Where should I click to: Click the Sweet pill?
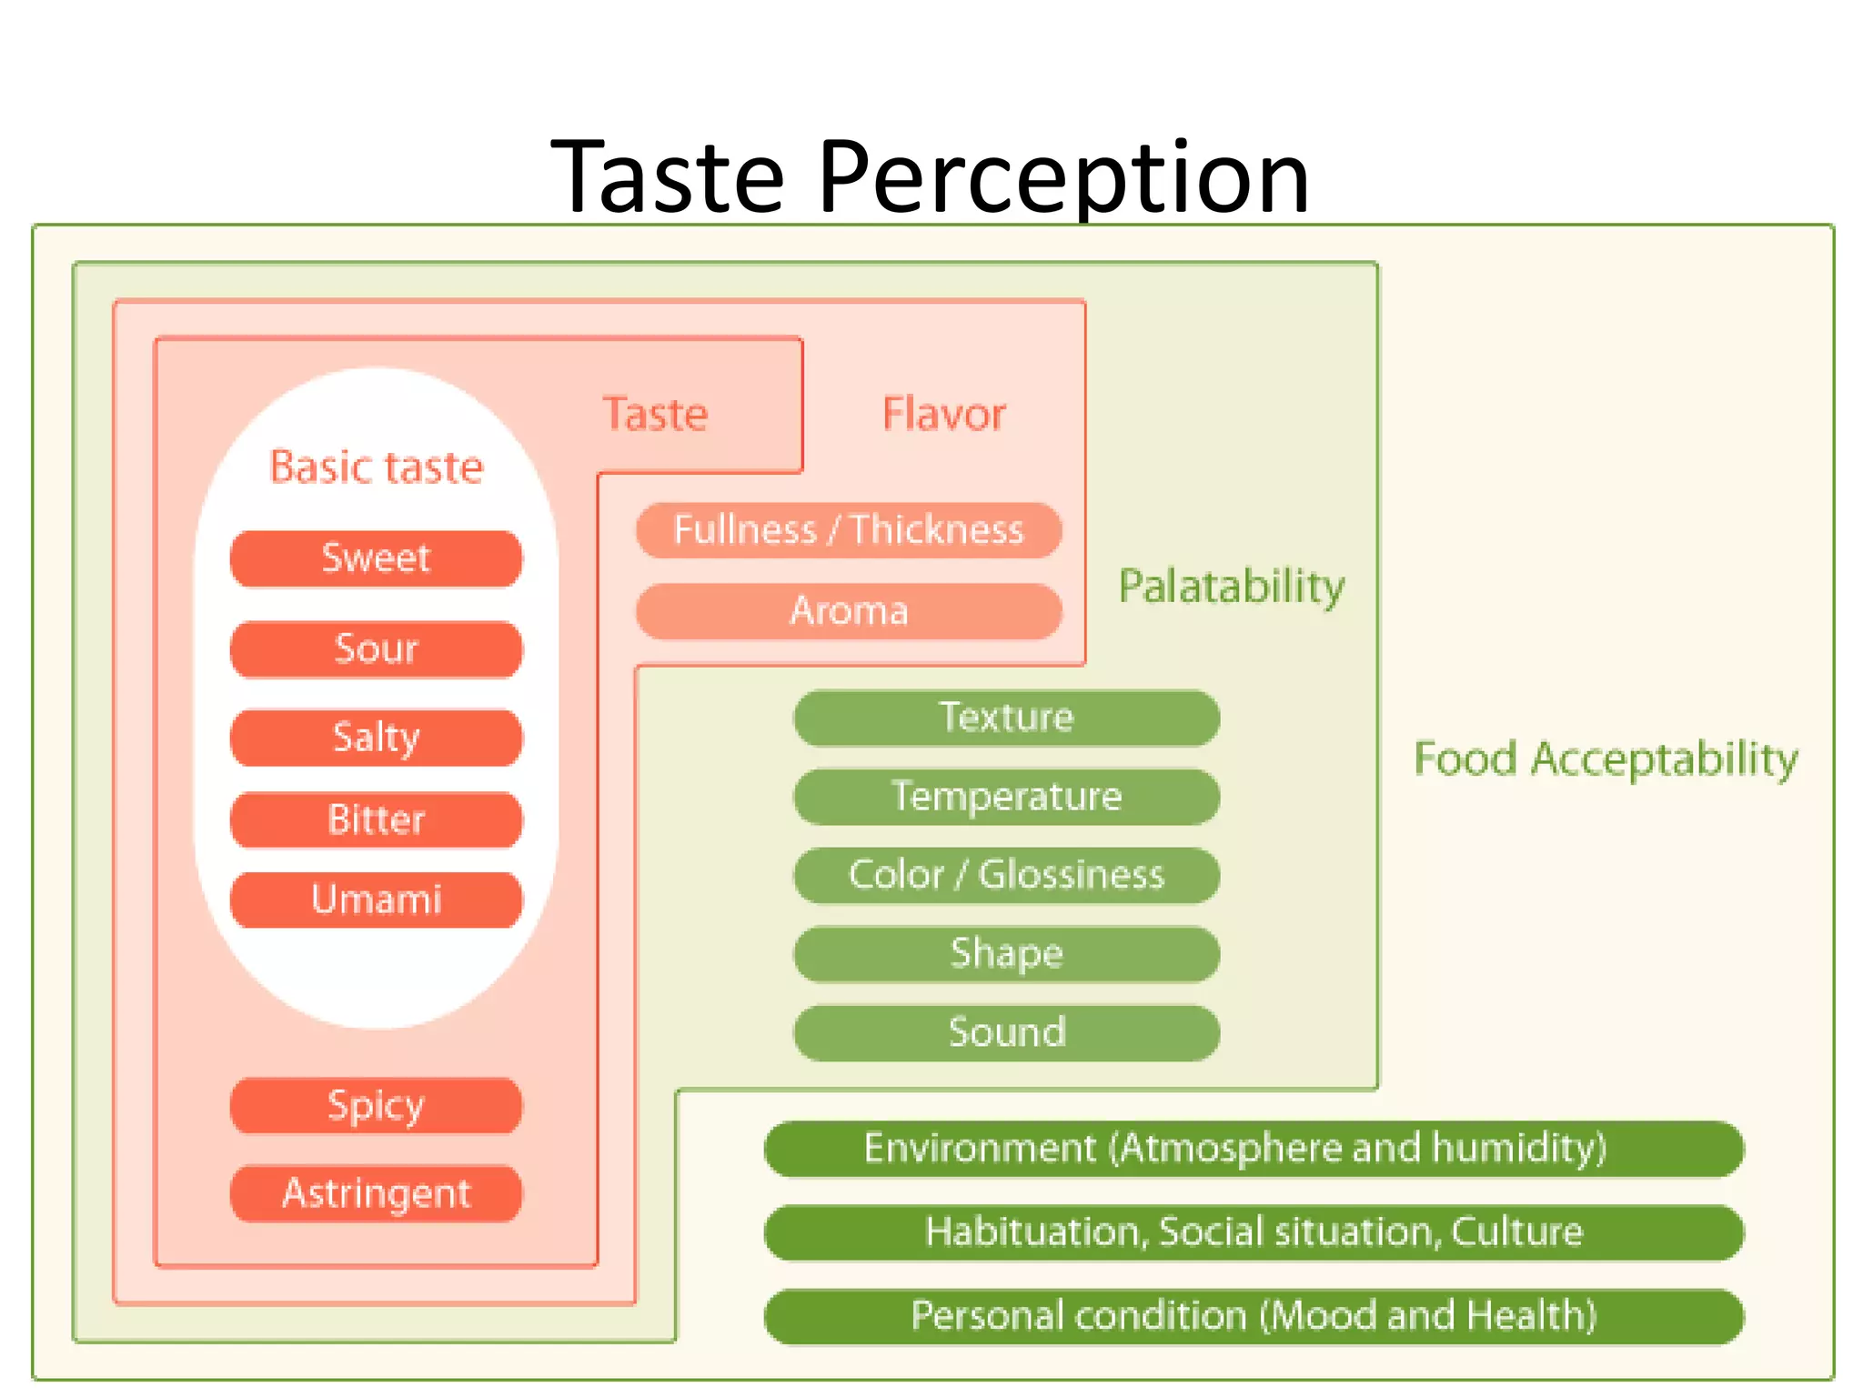pos(376,558)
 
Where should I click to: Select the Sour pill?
pos(376,649)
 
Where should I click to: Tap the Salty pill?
pos(376,737)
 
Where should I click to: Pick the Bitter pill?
pos(376,819)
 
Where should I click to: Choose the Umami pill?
pos(376,900)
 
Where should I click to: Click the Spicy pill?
pos(376,1106)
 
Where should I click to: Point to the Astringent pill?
pos(376,1193)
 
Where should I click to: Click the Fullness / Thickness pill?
pos(848,530)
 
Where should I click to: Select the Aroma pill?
pos(848,611)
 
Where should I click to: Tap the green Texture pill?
pos(1006,718)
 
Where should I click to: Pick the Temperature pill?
pos(1006,797)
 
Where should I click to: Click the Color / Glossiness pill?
pos(1006,875)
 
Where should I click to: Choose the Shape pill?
pos(1006,954)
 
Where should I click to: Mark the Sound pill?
pos(1006,1032)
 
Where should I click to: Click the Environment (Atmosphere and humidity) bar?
pos(1254,1149)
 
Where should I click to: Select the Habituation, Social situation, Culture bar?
pos(1254,1232)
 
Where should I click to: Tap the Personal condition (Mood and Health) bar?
pos(1254,1316)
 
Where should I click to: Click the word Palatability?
pos(1231,587)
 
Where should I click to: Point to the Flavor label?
pos(943,415)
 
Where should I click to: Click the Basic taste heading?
pos(376,467)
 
